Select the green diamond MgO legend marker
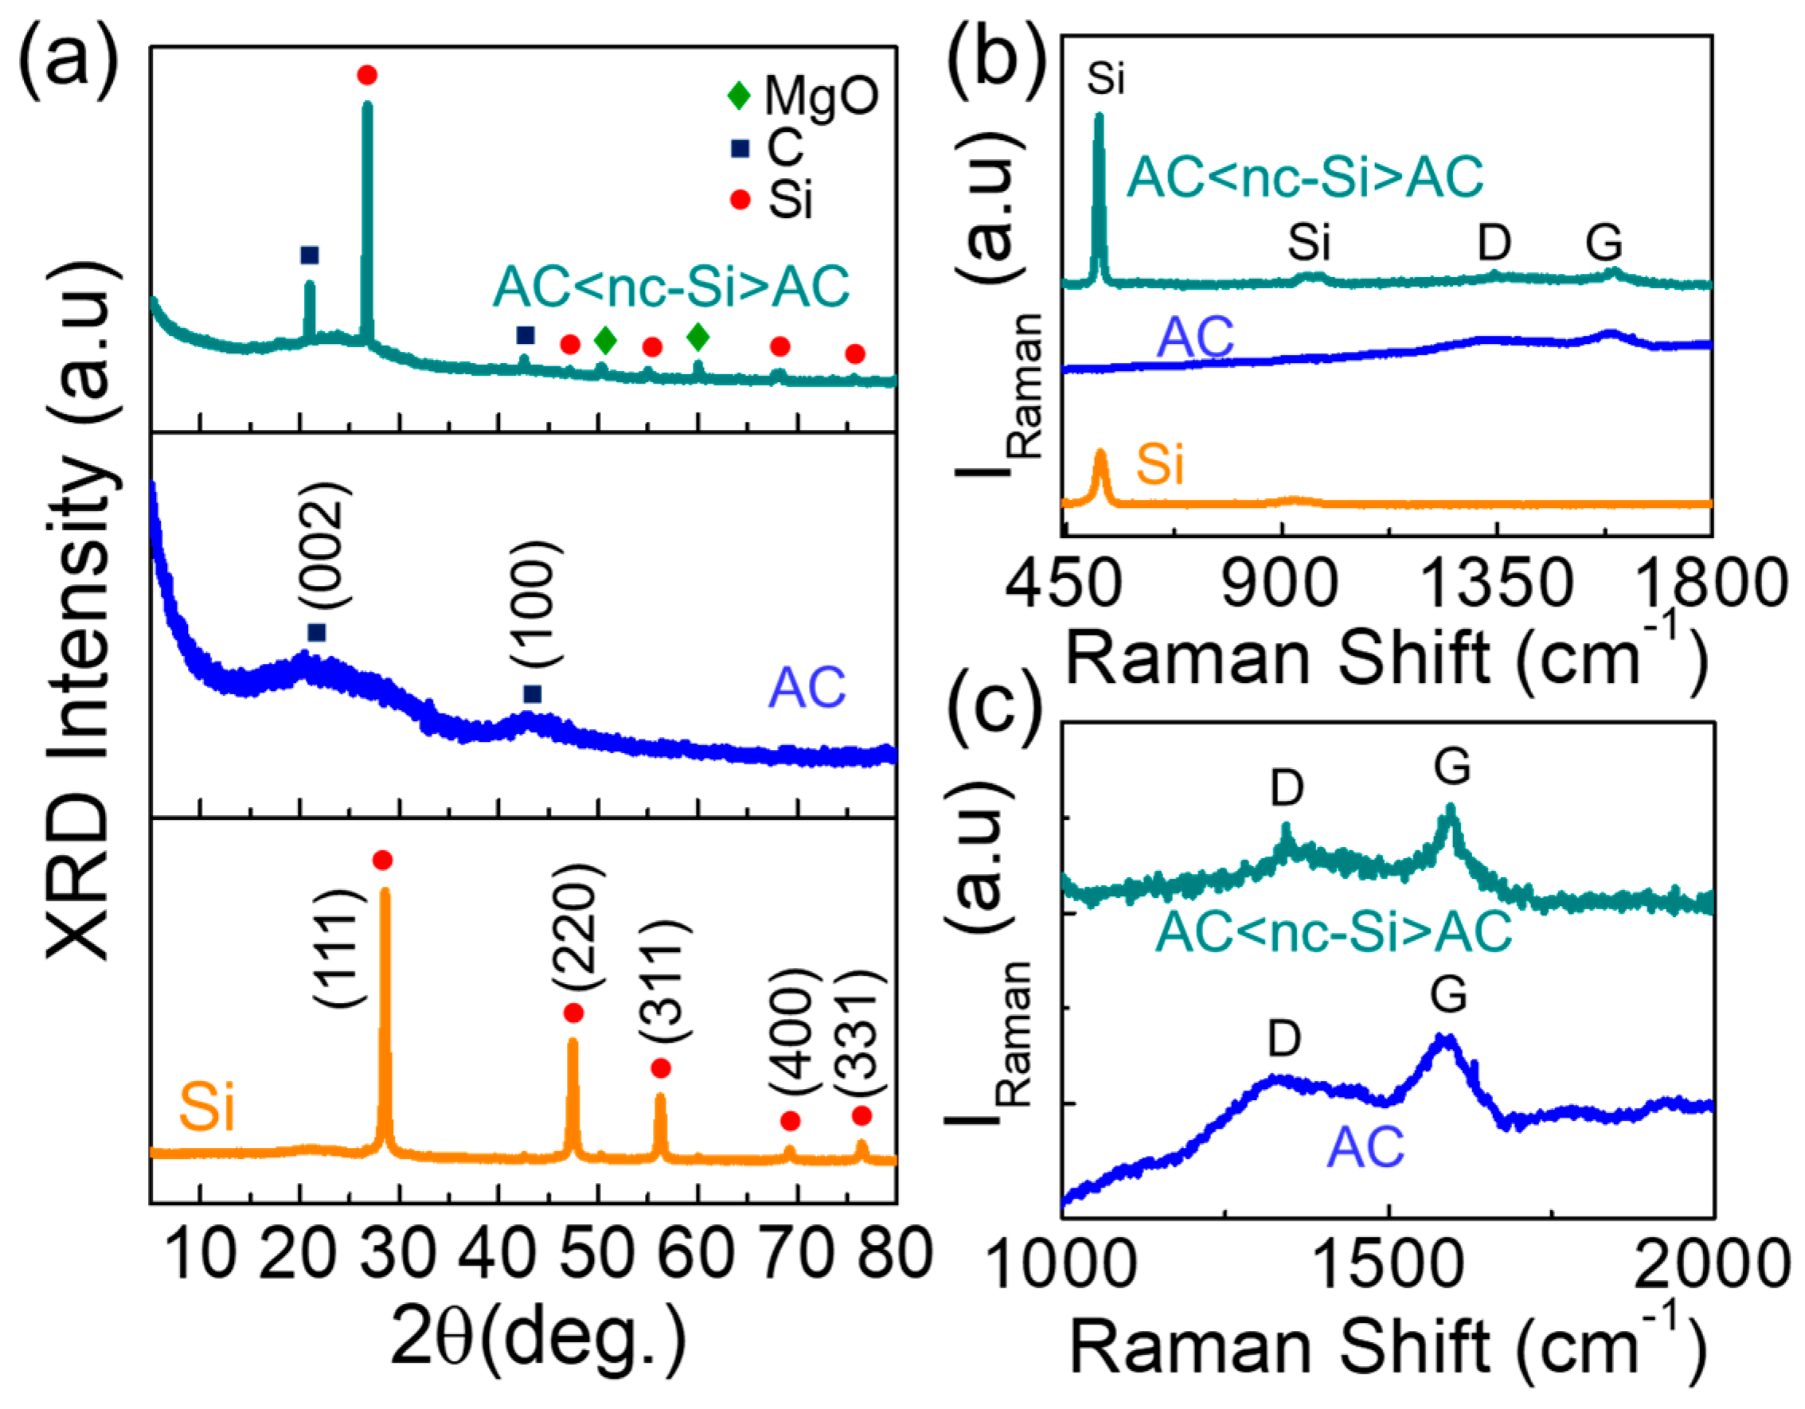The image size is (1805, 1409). point(738,95)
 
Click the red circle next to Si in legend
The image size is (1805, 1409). point(740,200)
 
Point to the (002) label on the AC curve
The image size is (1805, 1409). point(323,548)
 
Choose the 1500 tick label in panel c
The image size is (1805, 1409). point(1388,1265)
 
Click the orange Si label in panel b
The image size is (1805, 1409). point(1159,464)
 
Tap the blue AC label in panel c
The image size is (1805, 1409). point(1365,1147)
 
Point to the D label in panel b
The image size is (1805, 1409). point(1494,243)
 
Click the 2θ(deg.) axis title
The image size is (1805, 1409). point(538,1340)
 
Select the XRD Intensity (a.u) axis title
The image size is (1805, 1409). point(79,611)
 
